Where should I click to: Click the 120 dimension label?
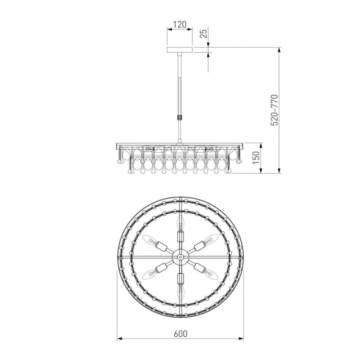tap(180, 24)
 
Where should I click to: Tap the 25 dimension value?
tap(204, 33)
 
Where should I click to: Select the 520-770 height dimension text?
tap(274, 110)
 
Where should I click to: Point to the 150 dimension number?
tap(256, 158)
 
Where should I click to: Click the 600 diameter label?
tap(180, 334)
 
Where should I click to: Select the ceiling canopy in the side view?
tap(180, 50)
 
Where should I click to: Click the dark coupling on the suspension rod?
tap(180, 117)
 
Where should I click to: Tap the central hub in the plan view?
tap(180, 257)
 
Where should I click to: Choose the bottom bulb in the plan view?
tap(181, 292)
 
